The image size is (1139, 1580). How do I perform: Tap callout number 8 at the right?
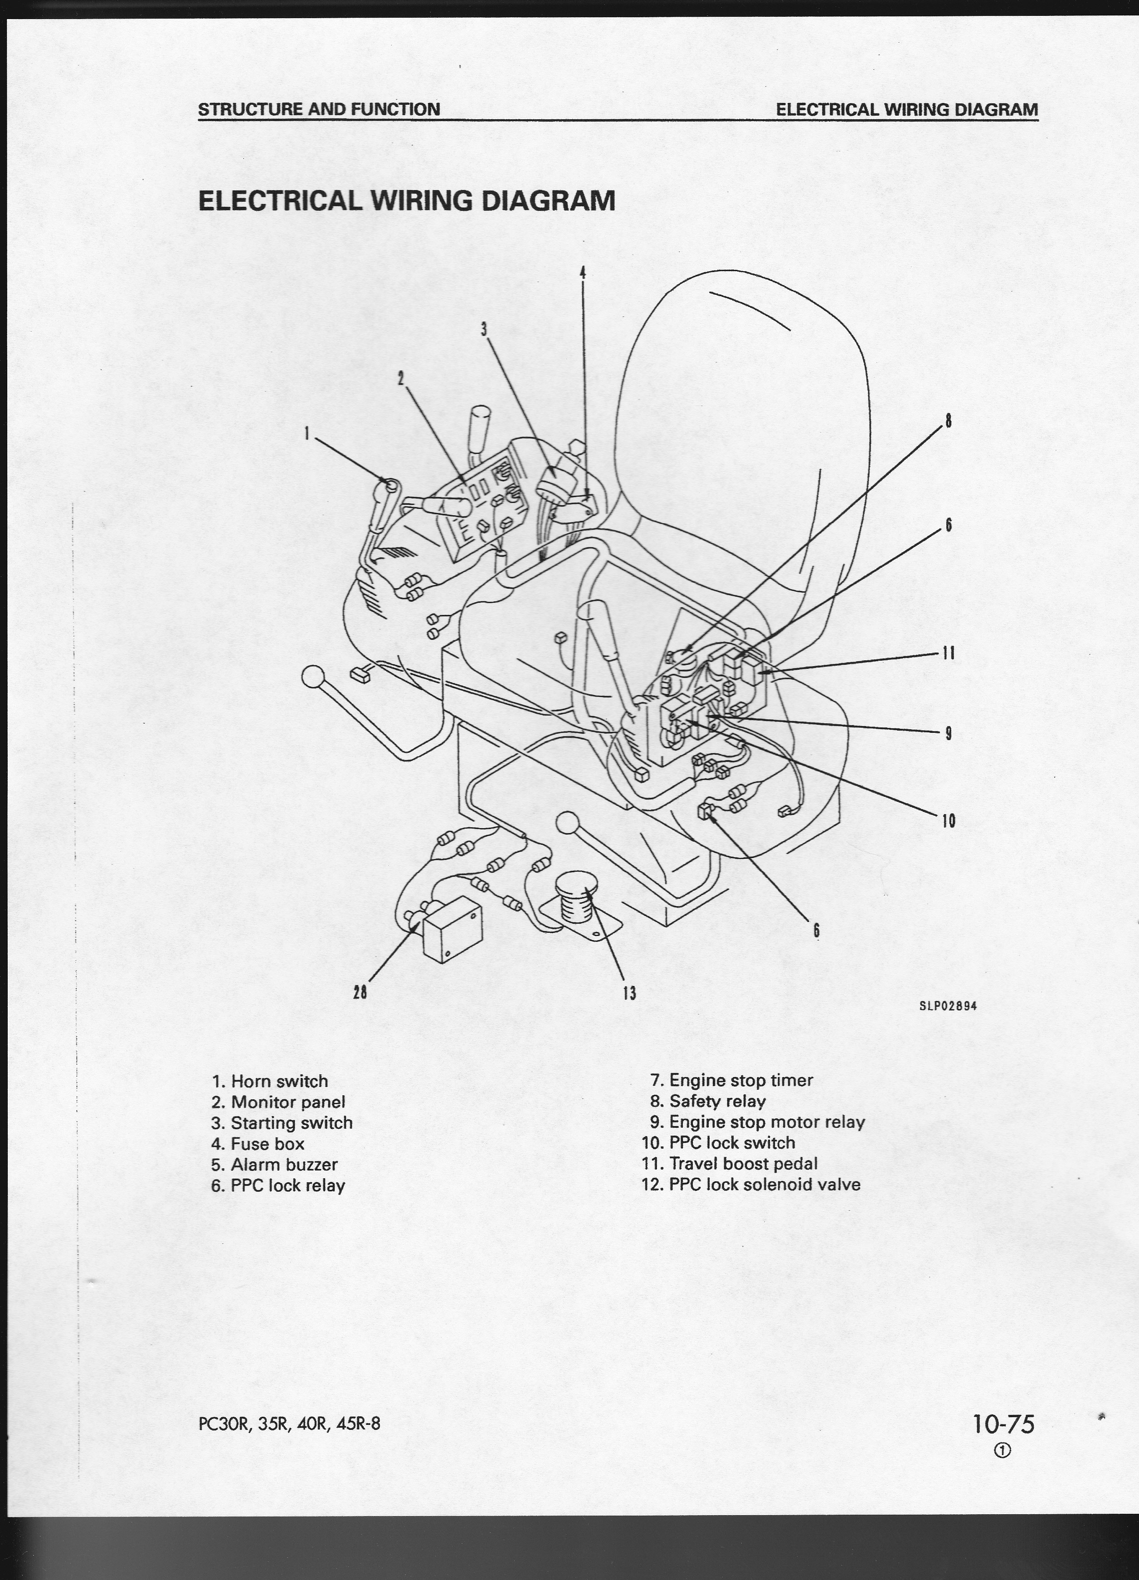click(x=947, y=421)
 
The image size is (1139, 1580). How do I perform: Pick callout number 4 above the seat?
click(x=583, y=273)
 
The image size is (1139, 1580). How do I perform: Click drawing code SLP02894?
click(x=947, y=1006)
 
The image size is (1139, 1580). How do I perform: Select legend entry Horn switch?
click(x=270, y=1081)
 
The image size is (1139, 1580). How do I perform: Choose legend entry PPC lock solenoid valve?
click(x=751, y=1184)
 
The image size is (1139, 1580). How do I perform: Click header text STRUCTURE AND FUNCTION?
click(x=319, y=109)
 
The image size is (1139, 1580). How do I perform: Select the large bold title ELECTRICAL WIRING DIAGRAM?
click(x=407, y=200)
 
